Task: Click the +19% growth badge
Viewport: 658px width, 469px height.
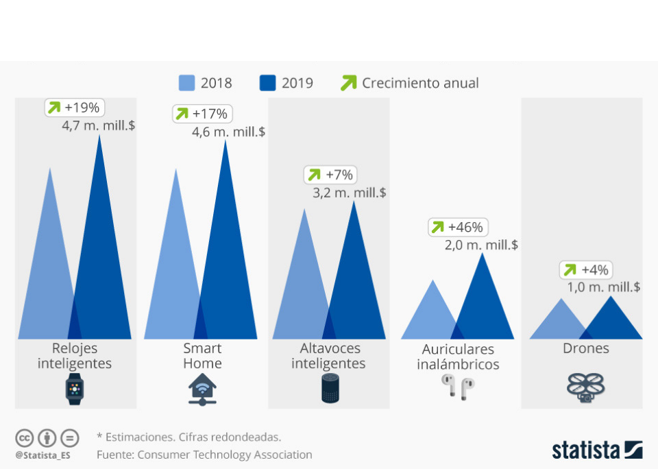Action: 74,108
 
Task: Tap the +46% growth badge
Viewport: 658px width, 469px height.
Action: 457,227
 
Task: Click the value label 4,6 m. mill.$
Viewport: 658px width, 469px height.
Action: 228,132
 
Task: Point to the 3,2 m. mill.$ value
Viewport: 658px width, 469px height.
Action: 350,193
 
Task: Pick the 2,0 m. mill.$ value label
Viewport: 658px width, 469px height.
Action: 481,245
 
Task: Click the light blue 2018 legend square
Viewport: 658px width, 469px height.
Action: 187,83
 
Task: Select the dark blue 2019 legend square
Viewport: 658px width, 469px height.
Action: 268,83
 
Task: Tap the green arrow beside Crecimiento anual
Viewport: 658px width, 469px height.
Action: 349,83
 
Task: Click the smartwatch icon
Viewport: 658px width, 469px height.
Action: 74,389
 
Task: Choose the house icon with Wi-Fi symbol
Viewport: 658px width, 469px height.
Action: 202,389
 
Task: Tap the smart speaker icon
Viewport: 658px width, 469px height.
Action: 330,389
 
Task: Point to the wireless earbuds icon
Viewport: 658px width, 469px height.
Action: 458,388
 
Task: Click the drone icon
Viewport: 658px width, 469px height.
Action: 585,387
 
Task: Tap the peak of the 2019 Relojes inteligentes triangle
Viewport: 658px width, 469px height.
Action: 100,136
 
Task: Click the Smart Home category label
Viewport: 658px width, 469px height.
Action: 202,355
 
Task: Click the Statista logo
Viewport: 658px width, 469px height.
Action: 597,450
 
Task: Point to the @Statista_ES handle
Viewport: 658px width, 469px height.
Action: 42,454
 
